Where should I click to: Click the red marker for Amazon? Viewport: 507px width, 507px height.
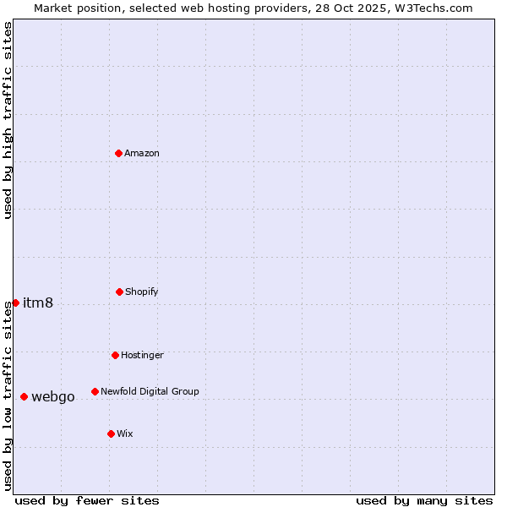[119, 153]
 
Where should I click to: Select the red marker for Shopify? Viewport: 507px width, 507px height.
[119, 292]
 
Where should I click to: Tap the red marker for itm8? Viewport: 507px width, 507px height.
[15, 303]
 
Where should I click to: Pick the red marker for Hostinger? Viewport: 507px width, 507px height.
[115, 355]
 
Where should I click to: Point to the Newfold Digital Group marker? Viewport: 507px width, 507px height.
[95, 391]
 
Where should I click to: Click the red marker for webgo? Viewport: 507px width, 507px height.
[24, 396]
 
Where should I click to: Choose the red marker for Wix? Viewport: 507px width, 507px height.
[111, 433]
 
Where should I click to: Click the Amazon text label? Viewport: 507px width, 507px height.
[142, 153]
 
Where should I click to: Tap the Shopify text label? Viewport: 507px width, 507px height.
[142, 292]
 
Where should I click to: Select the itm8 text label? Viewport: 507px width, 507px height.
[38, 303]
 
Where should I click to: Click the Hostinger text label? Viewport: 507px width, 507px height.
[142, 355]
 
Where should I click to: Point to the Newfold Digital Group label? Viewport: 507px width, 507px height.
[150, 391]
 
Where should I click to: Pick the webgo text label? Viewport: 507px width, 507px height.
[53, 397]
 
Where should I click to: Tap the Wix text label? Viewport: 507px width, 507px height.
[125, 433]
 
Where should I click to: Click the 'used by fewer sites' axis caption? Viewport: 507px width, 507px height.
[87, 500]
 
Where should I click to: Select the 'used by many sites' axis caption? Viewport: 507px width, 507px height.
[424, 500]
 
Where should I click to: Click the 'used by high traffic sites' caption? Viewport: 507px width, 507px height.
[8, 120]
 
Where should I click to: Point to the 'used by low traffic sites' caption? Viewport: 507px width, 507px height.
[8, 396]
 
